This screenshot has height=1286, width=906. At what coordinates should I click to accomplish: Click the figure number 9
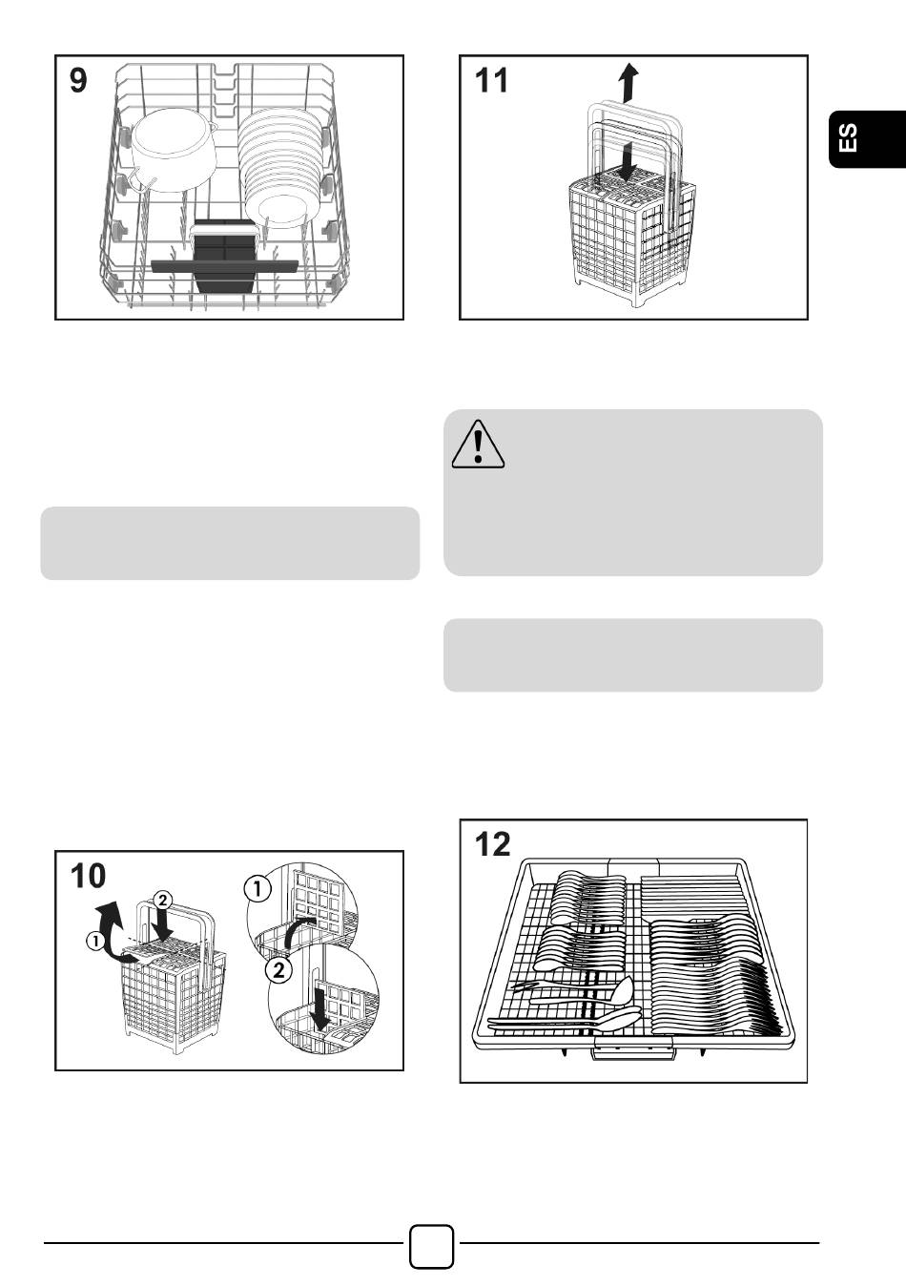pyautogui.click(x=78, y=80)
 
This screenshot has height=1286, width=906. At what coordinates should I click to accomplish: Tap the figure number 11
pyautogui.click(x=491, y=80)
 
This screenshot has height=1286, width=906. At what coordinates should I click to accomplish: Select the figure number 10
pyautogui.click(x=88, y=875)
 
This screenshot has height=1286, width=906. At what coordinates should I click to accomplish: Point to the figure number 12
pyautogui.click(x=492, y=843)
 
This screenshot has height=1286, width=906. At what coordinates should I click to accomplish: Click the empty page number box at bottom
pyautogui.click(x=432, y=1246)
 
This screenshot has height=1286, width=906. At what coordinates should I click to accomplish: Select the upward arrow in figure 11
pyautogui.click(x=627, y=83)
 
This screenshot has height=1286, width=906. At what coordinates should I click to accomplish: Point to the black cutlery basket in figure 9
pyautogui.click(x=225, y=258)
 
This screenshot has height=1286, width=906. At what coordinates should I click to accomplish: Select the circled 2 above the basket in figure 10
pyautogui.click(x=164, y=900)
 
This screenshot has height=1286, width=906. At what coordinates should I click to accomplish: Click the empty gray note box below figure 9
pyautogui.click(x=230, y=543)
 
